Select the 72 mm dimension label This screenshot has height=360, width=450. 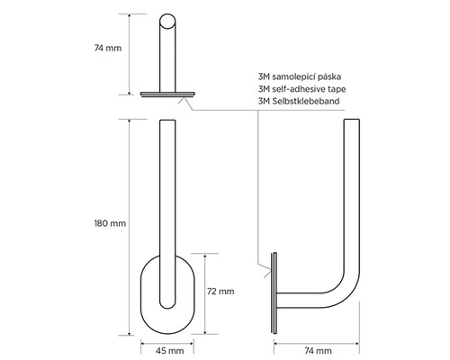tap(221, 291)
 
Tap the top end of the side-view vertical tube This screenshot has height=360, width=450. tap(350, 123)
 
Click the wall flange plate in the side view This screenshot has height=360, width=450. tap(274, 296)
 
